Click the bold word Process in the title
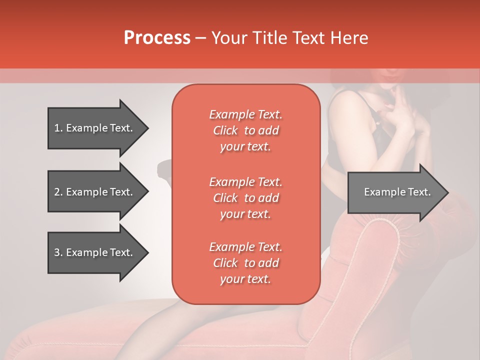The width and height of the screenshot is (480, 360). point(157,38)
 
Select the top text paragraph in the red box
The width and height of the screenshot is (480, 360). point(245,130)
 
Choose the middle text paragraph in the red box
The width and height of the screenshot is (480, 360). point(245,197)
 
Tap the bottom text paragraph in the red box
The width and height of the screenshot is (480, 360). point(245,263)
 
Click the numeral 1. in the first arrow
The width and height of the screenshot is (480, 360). point(58,128)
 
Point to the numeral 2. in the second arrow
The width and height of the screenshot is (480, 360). point(58,192)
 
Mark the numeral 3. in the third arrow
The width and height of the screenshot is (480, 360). point(58,252)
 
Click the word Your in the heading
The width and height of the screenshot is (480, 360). point(230,38)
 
